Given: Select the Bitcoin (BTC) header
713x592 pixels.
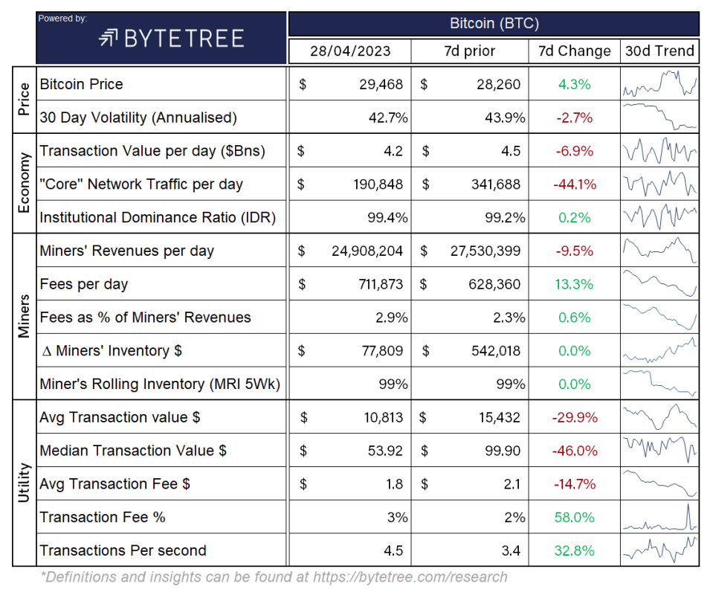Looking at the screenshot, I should coord(494,23).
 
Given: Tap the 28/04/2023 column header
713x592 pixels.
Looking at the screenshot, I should coord(349,51).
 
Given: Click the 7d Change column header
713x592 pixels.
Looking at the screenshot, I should coord(575,51).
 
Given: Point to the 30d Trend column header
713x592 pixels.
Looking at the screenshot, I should coord(659,51).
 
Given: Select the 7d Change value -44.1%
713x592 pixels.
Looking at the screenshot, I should coord(575,184).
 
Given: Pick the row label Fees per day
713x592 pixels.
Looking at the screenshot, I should coord(84,284).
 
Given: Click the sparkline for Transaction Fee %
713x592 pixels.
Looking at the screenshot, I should coord(659,517).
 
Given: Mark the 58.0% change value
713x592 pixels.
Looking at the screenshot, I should coord(575,517).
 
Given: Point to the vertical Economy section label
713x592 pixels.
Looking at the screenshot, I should coord(24,183).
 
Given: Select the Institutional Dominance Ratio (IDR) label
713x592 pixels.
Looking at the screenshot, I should coord(158,218).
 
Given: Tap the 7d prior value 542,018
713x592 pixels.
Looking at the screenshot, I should coord(494,351).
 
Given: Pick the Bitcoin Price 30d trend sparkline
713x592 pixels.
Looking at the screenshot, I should coord(659,84).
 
